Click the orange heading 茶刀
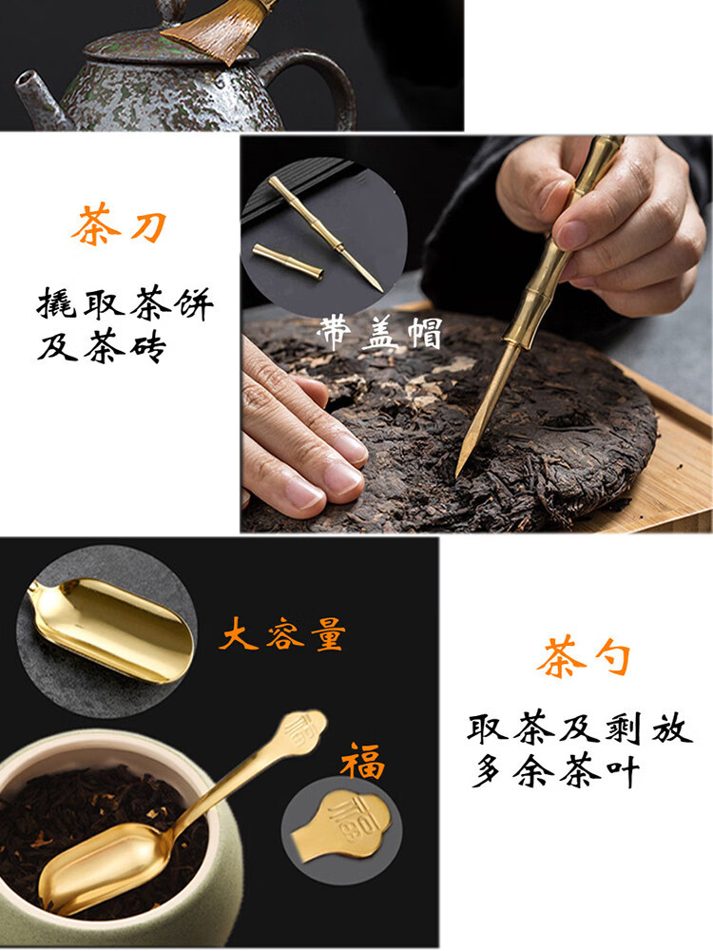[119, 225]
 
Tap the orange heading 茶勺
[584, 656]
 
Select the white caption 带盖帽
[379, 332]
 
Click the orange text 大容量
[282, 634]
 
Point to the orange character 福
[363, 761]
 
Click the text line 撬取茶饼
[125, 303]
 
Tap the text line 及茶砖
[102, 347]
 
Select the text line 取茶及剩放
[580, 728]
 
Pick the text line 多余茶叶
[555, 771]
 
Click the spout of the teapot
[36, 97]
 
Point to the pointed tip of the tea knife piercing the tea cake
[458, 475]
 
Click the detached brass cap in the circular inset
[287, 262]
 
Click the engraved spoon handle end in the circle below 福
[342, 823]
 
